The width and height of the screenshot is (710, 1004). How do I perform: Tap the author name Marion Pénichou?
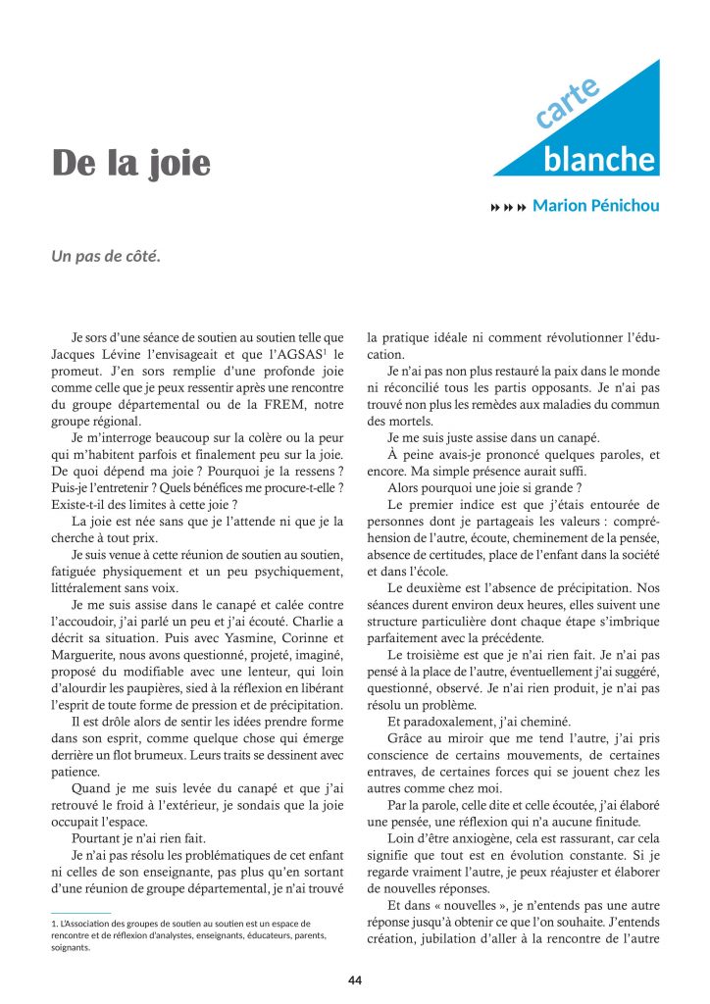(x=596, y=206)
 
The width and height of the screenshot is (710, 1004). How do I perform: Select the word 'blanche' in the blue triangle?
(x=599, y=160)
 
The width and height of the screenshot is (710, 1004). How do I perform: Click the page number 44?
(x=355, y=979)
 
